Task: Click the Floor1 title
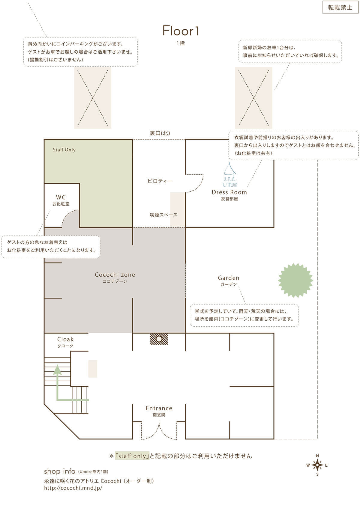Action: point(181,31)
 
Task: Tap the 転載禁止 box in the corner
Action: point(340,7)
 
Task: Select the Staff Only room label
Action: point(64,150)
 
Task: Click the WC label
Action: point(61,197)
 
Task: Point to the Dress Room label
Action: point(229,192)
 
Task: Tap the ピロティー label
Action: point(160,181)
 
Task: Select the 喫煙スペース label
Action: point(164,215)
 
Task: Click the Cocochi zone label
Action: point(115,275)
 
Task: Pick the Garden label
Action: point(228,278)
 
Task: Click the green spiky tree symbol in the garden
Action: point(295,280)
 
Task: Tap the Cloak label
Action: point(65,339)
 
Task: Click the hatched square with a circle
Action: point(159,339)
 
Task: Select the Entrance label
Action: point(159,408)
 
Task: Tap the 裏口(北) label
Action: point(160,133)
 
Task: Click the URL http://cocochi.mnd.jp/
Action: point(73,488)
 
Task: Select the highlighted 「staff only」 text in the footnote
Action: point(132,456)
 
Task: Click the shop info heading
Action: point(59,471)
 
